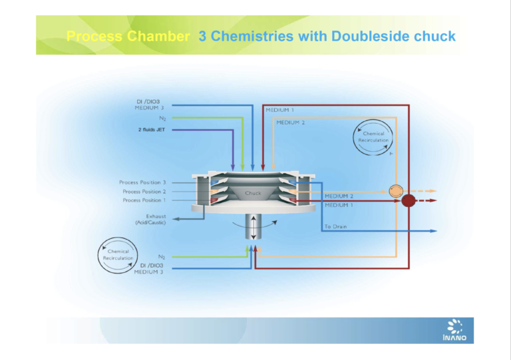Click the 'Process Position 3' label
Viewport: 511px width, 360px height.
coord(142,182)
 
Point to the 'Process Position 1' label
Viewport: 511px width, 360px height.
coord(142,200)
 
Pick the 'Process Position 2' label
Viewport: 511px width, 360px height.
coord(142,191)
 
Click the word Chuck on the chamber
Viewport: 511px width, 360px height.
coord(253,193)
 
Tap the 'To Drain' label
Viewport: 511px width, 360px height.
coord(337,227)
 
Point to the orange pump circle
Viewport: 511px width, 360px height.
coord(397,190)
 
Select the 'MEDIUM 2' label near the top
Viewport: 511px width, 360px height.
coord(291,122)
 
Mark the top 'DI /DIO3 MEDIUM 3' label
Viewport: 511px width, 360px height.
coord(148,104)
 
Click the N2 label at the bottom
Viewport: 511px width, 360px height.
coord(161,256)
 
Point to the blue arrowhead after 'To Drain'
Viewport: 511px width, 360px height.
coord(433,231)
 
